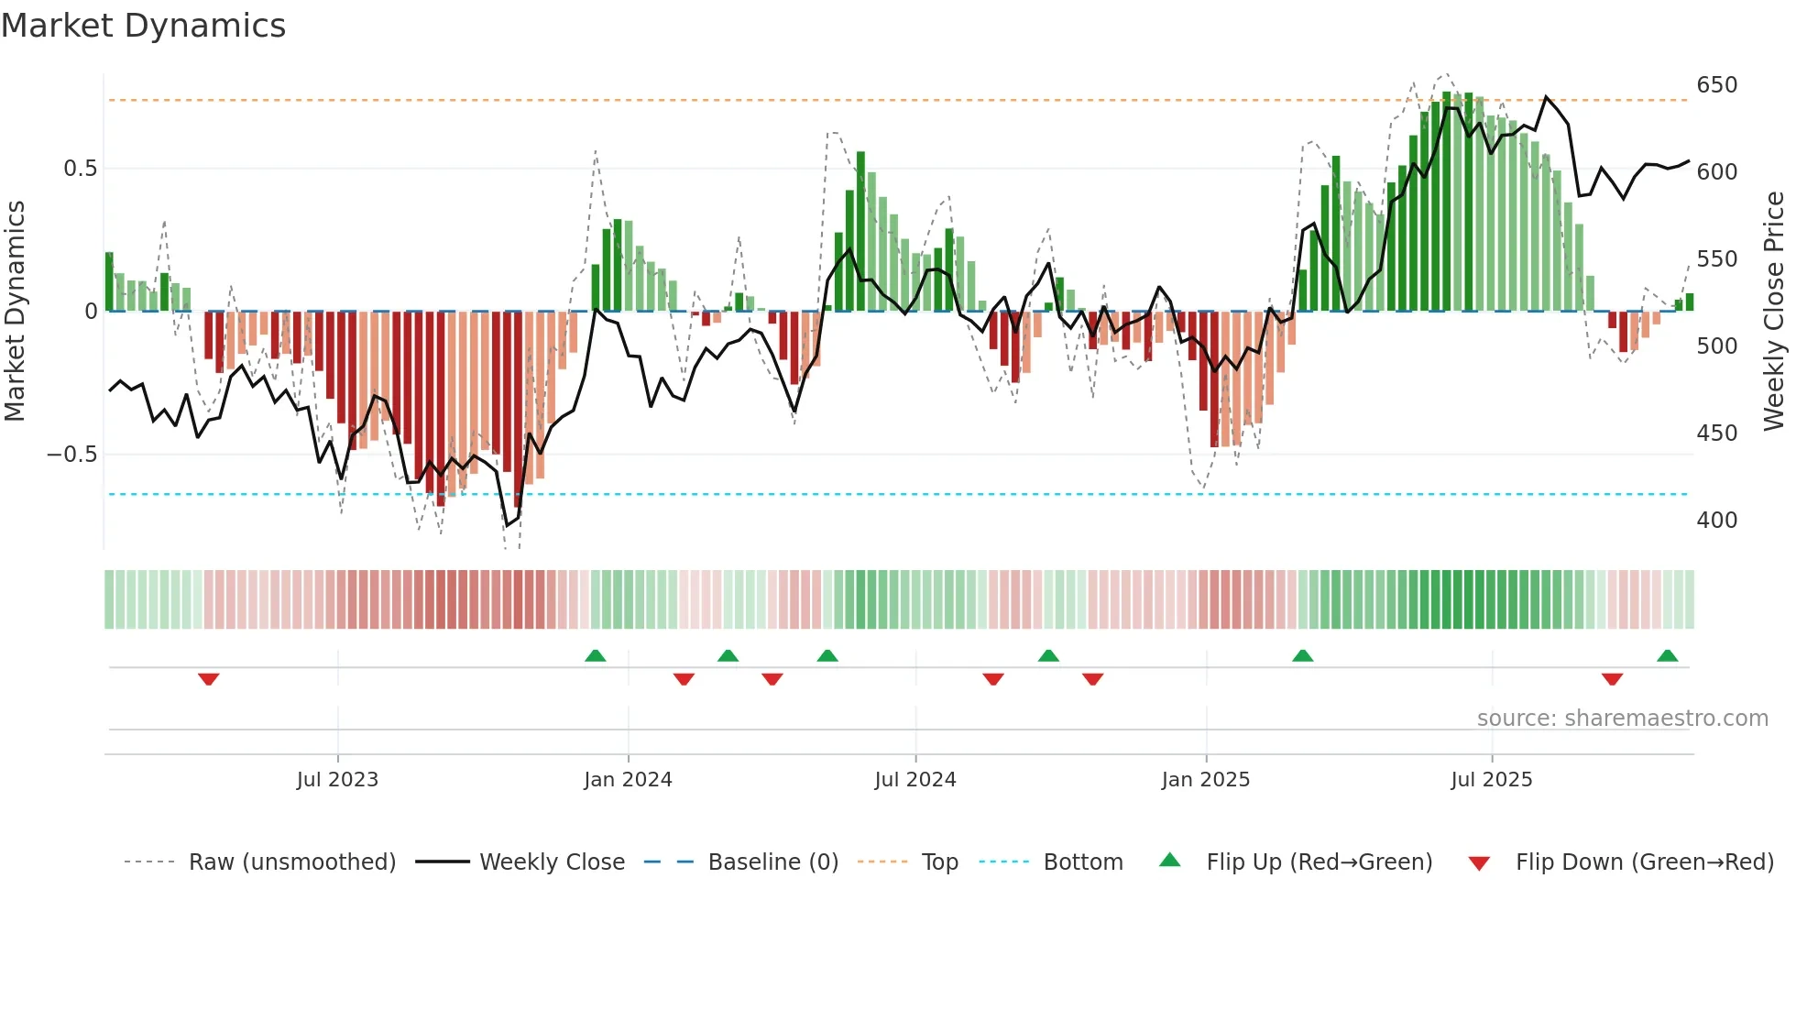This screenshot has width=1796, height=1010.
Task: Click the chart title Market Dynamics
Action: coord(144,26)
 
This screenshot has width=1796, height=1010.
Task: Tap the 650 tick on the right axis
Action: coord(1716,85)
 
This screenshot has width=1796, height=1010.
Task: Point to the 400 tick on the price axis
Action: coord(1716,521)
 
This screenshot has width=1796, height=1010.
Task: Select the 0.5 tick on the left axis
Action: coord(80,169)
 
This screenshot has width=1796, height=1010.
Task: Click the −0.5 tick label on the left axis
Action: coord(72,455)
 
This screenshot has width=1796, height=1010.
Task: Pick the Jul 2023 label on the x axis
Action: coord(337,780)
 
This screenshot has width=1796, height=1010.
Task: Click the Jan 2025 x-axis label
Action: coord(1205,780)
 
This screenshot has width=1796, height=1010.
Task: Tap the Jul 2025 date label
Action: coord(1491,780)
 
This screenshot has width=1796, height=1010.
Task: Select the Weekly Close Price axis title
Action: coord(1774,312)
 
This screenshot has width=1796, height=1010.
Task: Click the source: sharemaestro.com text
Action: coord(1622,719)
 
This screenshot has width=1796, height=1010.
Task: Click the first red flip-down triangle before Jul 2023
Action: coord(209,679)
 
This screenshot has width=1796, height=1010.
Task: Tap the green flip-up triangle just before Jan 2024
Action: coord(596,655)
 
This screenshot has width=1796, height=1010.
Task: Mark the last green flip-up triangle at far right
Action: coord(1667,655)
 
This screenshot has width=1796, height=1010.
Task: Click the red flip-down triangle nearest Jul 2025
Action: coord(1612,679)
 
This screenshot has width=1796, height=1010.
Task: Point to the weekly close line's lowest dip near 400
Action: coord(508,525)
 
